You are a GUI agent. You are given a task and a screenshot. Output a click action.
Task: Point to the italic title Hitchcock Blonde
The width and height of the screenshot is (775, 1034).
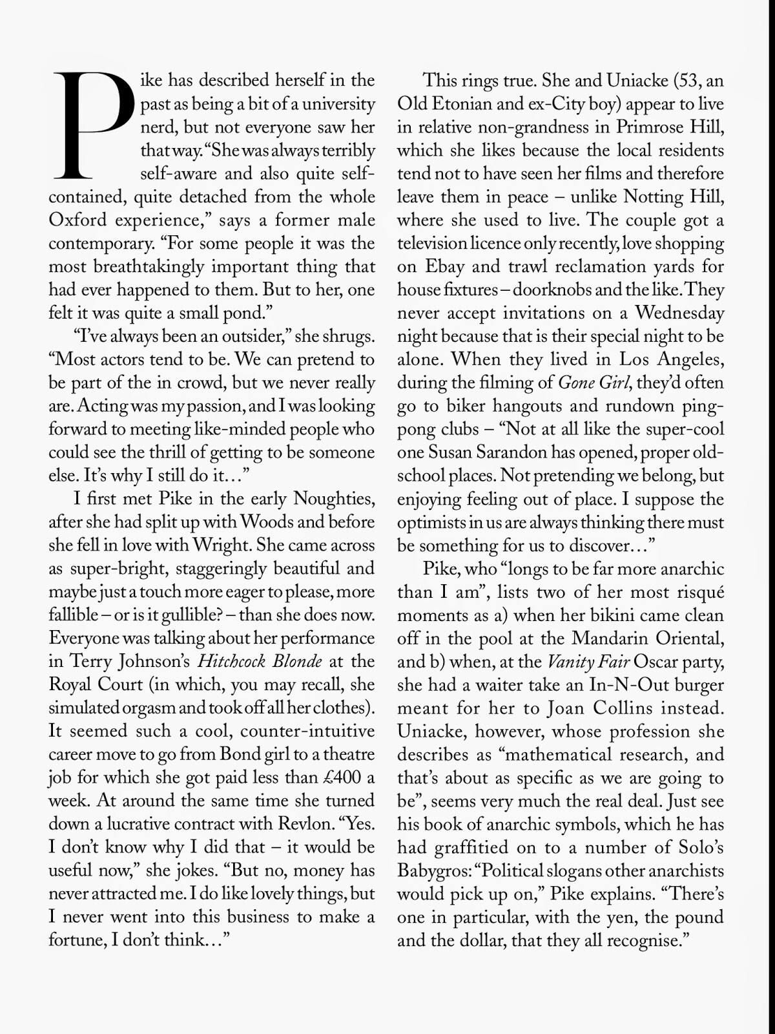pos(260,662)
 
